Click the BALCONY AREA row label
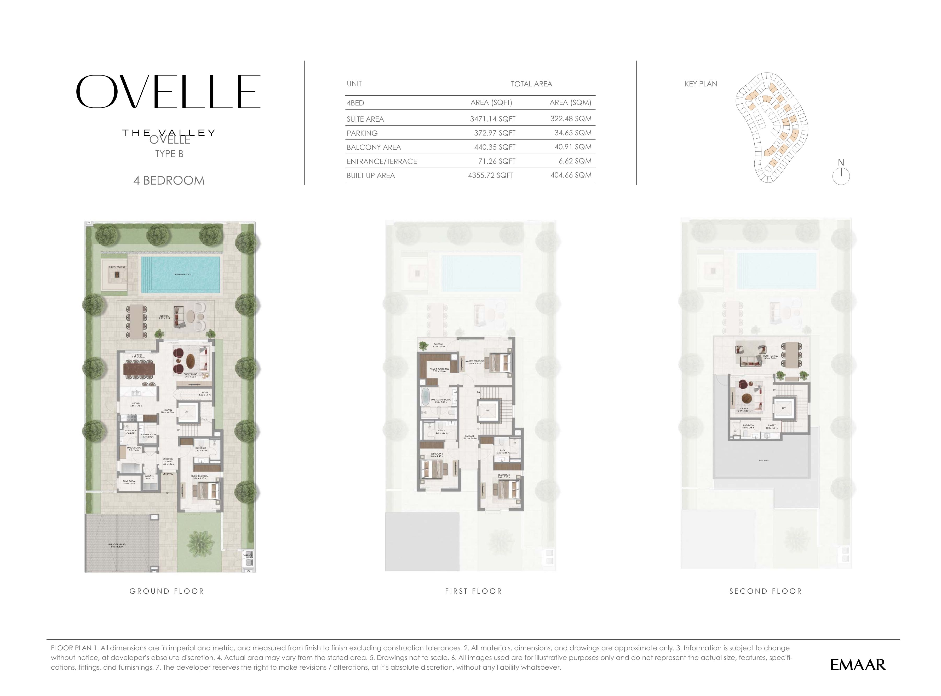click(374, 147)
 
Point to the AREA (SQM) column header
click(570, 102)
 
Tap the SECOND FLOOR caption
click(766, 591)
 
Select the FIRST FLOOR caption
click(473, 591)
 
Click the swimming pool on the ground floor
click(181, 274)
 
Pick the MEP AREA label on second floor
click(764, 461)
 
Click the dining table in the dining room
click(139, 369)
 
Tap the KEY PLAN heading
click(701, 84)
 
